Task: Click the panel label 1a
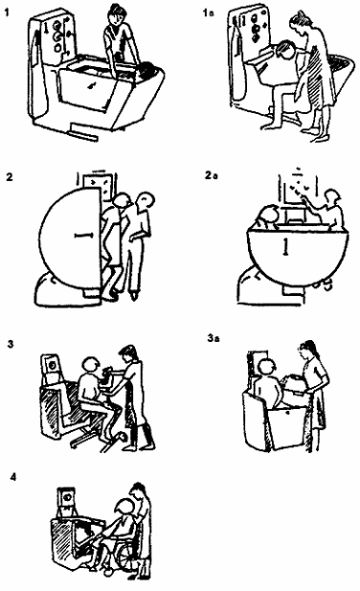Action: (208, 12)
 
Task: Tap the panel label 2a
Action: (212, 175)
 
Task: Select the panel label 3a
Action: (214, 338)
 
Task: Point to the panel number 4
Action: (13, 477)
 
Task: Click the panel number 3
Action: (11, 344)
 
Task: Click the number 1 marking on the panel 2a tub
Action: (286, 246)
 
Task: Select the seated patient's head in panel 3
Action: (91, 365)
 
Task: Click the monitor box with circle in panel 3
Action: (51, 365)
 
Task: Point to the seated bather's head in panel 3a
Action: (267, 368)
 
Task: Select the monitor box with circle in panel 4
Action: (67, 498)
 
